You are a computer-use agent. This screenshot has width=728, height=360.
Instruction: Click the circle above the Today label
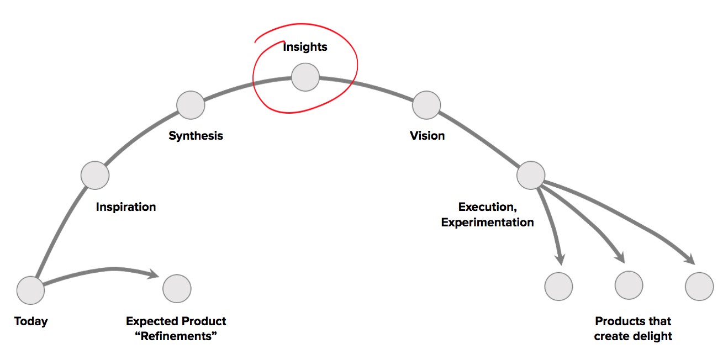pos(30,290)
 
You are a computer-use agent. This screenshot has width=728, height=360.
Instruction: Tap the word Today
pos(31,321)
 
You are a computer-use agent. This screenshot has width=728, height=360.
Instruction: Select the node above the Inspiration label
pos(95,175)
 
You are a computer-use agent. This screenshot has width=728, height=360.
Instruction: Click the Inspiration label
pos(126,207)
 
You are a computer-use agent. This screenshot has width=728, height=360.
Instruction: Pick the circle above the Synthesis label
pos(191,105)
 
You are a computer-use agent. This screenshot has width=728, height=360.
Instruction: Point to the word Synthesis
pos(196,136)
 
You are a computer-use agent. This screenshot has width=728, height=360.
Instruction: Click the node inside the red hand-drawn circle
pos(305,77)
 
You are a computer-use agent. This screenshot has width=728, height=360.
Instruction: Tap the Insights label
pos(305,47)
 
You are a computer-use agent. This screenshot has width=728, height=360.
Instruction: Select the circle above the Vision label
pos(426,105)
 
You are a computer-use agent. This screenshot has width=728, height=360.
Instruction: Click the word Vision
pos(427,136)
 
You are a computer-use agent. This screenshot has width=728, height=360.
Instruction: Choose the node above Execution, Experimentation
pos(531,175)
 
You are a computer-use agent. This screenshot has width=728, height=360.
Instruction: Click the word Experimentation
pos(488,223)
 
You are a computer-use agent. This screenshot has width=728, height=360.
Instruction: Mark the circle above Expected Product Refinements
pos(177,288)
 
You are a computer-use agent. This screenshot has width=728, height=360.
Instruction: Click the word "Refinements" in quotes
pos(176,336)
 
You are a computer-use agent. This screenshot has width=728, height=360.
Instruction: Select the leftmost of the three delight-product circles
pos(558,287)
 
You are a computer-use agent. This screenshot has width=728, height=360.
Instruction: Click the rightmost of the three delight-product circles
pos(699,287)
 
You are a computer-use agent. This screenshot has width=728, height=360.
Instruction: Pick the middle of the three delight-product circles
pos(629,285)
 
